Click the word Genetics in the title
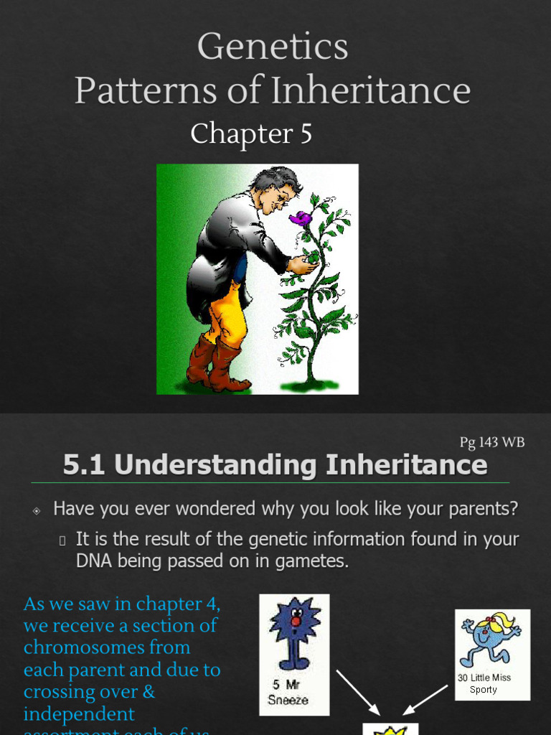click(273, 47)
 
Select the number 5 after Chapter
click(305, 134)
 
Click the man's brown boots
click(215, 366)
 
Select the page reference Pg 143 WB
click(492, 443)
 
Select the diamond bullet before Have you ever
click(37, 510)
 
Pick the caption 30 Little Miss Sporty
click(484, 683)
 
